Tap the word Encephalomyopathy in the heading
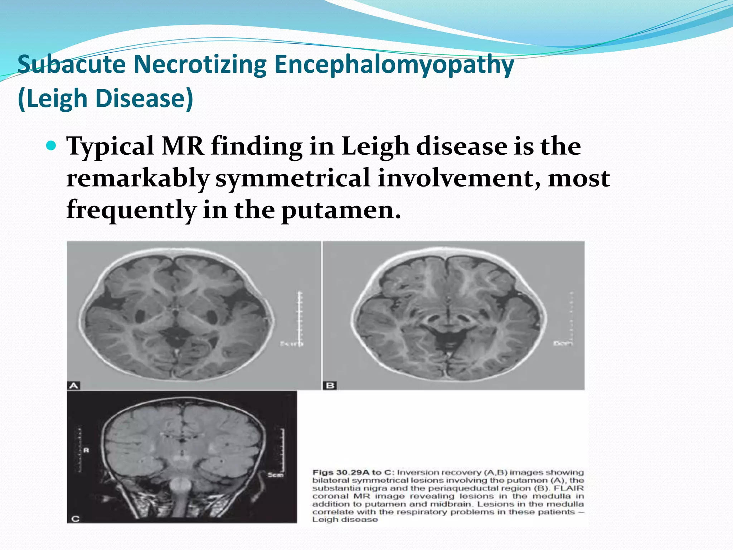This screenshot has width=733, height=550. coord(394,65)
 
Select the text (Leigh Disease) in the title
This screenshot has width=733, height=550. coord(105,98)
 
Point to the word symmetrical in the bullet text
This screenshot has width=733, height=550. coord(292,178)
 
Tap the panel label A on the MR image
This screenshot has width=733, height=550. coord(73,385)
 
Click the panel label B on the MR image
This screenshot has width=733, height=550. coord(330,385)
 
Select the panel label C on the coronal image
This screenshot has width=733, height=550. coord(75,518)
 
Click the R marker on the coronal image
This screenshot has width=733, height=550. coord(86,450)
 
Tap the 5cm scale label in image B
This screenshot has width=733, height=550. coord(563,343)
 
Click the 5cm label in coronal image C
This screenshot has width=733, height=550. coord(276,475)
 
